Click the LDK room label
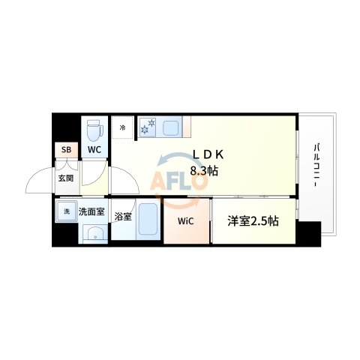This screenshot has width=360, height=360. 208,155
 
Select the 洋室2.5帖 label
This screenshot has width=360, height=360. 253,221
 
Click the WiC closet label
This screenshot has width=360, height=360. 186,221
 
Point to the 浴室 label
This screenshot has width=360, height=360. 123,217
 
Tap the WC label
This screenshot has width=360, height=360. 94,149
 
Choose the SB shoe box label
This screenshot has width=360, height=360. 66,149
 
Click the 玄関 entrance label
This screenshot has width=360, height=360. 65,179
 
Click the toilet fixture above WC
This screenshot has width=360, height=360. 94,130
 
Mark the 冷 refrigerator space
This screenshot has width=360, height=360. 123,128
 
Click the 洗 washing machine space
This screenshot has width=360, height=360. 66,212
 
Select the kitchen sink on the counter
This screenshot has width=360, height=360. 171,127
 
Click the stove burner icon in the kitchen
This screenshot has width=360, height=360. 147,127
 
